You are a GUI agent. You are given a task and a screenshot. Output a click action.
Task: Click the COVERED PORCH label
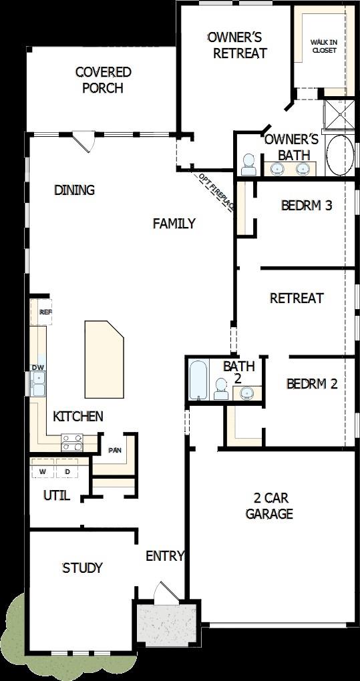pos(103,79)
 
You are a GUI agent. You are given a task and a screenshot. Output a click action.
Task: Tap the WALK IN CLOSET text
pos(324,45)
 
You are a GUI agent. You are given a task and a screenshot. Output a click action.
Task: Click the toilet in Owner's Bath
pos(248,164)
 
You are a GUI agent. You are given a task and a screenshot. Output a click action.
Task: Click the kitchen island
pos(104,358)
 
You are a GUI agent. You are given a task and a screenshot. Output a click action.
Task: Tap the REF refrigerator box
pos(45,312)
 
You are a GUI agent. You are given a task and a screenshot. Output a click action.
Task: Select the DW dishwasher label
pos(38,367)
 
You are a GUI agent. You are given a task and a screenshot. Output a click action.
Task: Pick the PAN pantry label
pos(114,450)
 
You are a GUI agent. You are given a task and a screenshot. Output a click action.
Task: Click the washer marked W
pos(43,471)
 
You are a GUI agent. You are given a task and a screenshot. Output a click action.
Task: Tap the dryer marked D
pos(67,471)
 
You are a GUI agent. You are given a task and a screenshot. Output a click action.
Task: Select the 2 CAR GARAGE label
pos(269,505)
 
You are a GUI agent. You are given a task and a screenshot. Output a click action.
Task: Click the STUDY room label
pos(82,567)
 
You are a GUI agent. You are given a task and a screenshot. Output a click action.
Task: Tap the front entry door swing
pos(164,593)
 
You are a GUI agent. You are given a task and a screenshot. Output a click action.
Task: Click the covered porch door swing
pos(84,141)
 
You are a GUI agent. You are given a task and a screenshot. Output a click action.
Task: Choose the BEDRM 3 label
pos(307,205)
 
